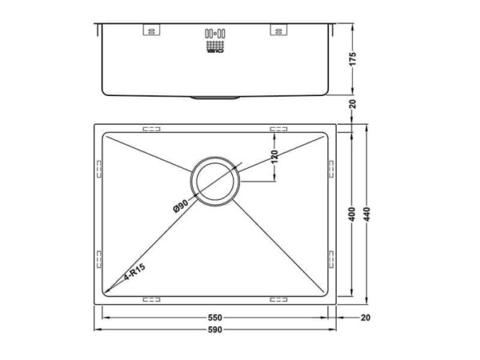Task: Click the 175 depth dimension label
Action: [353, 58]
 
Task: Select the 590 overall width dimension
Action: [215, 330]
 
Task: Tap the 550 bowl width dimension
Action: [215, 318]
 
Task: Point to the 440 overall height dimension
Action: [367, 214]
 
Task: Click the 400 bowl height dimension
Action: [352, 214]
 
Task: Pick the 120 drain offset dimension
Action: [274, 157]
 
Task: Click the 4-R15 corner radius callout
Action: [134, 272]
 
